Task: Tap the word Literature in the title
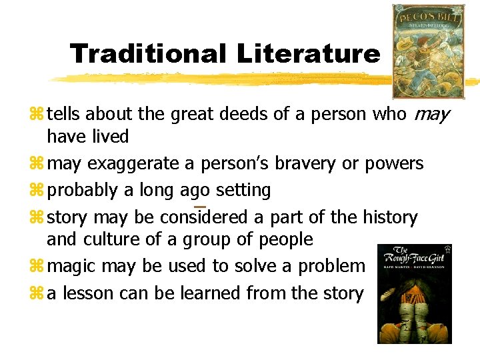(309, 53)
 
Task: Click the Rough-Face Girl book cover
(414, 294)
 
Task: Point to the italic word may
(431, 115)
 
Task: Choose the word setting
(241, 191)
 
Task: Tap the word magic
(72, 266)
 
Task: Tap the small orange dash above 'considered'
(199, 207)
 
